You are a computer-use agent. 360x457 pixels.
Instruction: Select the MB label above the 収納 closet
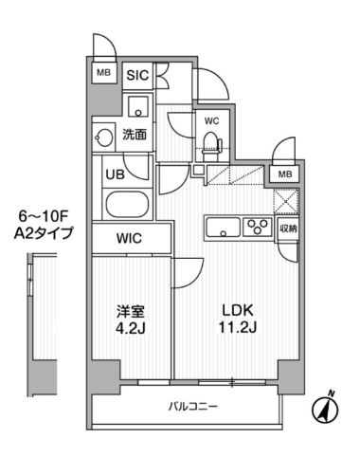(285, 174)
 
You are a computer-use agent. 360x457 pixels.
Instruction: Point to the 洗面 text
(135, 135)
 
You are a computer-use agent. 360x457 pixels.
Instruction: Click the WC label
(212, 120)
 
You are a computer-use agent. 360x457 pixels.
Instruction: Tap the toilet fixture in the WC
(213, 142)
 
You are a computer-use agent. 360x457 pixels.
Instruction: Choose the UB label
(112, 174)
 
